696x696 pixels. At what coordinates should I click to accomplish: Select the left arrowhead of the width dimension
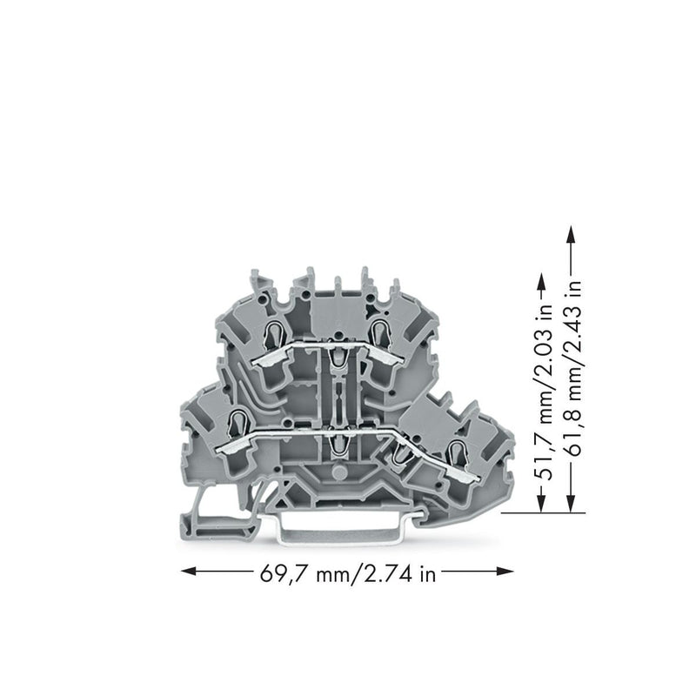(188, 572)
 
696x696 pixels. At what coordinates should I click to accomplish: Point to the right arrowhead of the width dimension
(505, 572)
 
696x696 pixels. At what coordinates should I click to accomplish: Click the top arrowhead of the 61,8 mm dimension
(571, 234)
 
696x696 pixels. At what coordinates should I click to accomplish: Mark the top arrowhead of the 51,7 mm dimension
(541, 281)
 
